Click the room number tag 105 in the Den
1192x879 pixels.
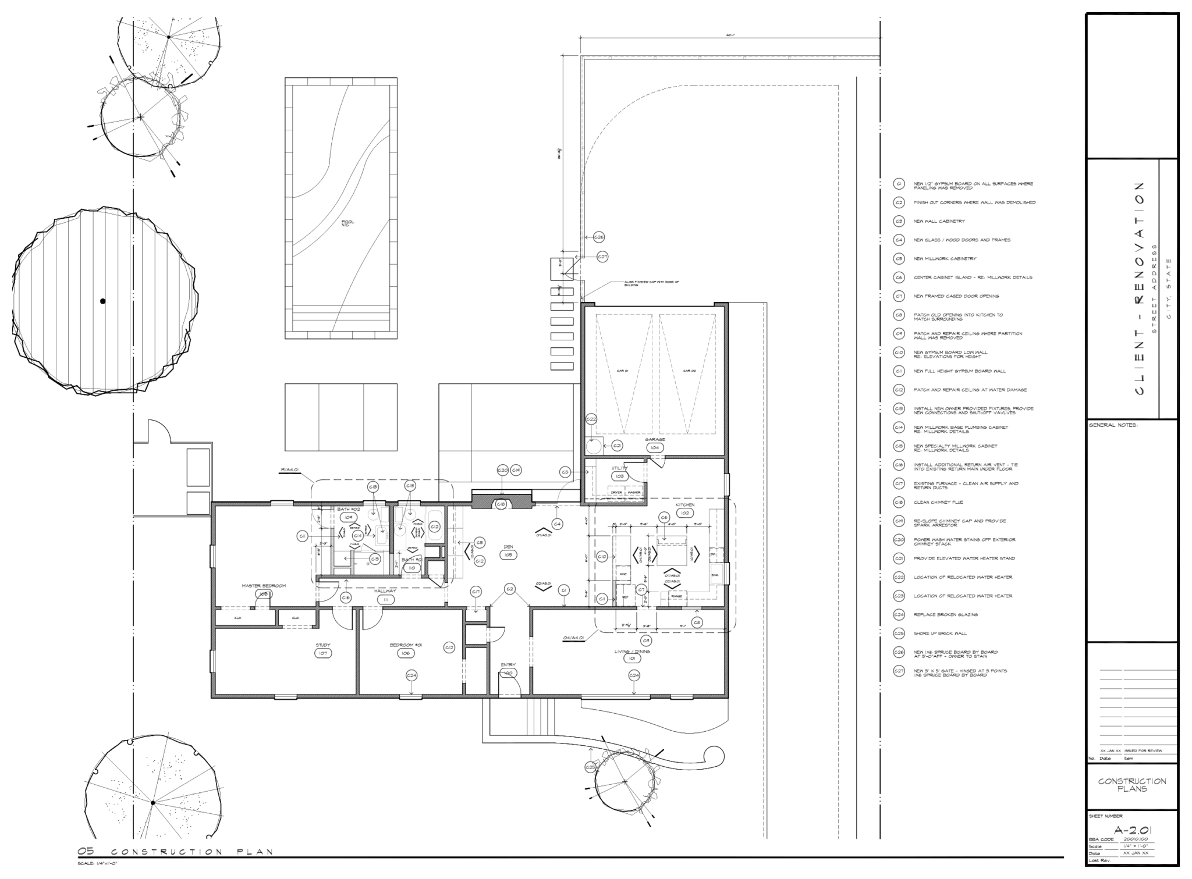508,556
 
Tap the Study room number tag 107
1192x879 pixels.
323,653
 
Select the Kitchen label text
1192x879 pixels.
684,505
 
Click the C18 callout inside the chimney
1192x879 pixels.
501,504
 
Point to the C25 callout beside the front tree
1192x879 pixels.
590,767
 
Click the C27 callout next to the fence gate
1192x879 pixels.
602,257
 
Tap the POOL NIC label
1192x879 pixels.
347,223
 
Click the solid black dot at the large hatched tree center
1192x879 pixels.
103,301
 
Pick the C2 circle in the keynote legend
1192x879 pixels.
899,203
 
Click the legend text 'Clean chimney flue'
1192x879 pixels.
938,502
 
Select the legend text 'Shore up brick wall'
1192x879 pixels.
940,633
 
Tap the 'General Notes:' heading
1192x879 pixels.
1113,425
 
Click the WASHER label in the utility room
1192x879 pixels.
634,492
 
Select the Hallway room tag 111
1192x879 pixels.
385,599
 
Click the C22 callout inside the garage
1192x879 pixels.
591,419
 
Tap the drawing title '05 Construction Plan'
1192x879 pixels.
175,852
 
